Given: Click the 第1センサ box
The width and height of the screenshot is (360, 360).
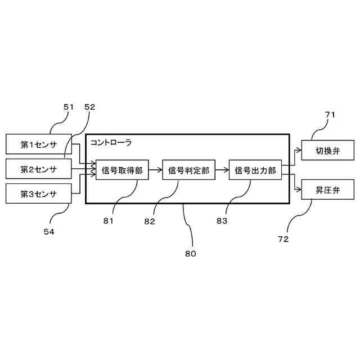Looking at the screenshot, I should pyautogui.click(x=39, y=144).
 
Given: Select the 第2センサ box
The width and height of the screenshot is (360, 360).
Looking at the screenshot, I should pyautogui.click(x=39, y=169).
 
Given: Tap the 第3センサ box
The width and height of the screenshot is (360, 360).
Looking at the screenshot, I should pyautogui.click(x=39, y=193).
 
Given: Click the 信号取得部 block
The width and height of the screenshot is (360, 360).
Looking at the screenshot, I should pyautogui.click(x=122, y=170).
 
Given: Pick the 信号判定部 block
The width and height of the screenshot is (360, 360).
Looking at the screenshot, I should pyautogui.click(x=188, y=170).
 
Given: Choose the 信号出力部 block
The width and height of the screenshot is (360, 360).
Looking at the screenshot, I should pyautogui.click(x=255, y=170).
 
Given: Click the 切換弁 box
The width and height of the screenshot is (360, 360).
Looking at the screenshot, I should pyautogui.click(x=328, y=151).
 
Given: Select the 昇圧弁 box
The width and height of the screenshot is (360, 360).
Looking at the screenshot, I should pyautogui.click(x=328, y=189).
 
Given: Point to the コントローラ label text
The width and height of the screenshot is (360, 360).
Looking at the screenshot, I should pyautogui.click(x=111, y=143).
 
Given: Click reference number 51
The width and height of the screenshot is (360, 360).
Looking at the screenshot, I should pyautogui.click(x=69, y=107).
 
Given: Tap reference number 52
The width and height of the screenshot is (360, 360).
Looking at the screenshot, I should pyautogui.click(x=90, y=107).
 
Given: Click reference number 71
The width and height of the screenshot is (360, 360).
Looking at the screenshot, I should pyautogui.click(x=330, y=115).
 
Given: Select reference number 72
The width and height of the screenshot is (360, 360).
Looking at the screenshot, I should pyautogui.click(x=283, y=239).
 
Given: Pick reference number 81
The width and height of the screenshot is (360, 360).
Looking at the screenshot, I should pyautogui.click(x=108, y=221).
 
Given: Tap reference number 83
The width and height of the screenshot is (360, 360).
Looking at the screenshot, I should pyautogui.click(x=222, y=221).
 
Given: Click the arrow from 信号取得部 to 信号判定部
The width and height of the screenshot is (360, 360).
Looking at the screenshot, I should pyautogui.click(x=155, y=170).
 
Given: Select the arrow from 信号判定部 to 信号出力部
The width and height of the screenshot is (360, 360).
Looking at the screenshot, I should pyautogui.click(x=222, y=170).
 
